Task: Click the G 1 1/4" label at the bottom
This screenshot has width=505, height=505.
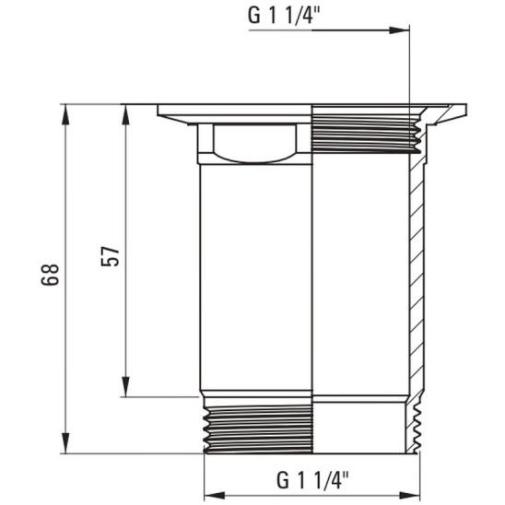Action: click(x=312, y=480)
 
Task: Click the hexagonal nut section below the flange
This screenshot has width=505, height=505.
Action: click(x=253, y=144)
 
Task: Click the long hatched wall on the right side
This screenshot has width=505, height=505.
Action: click(x=414, y=276)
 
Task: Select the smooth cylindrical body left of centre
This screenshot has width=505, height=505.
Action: click(x=255, y=276)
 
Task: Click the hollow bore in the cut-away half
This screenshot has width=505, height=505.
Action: click(x=359, y=276)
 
